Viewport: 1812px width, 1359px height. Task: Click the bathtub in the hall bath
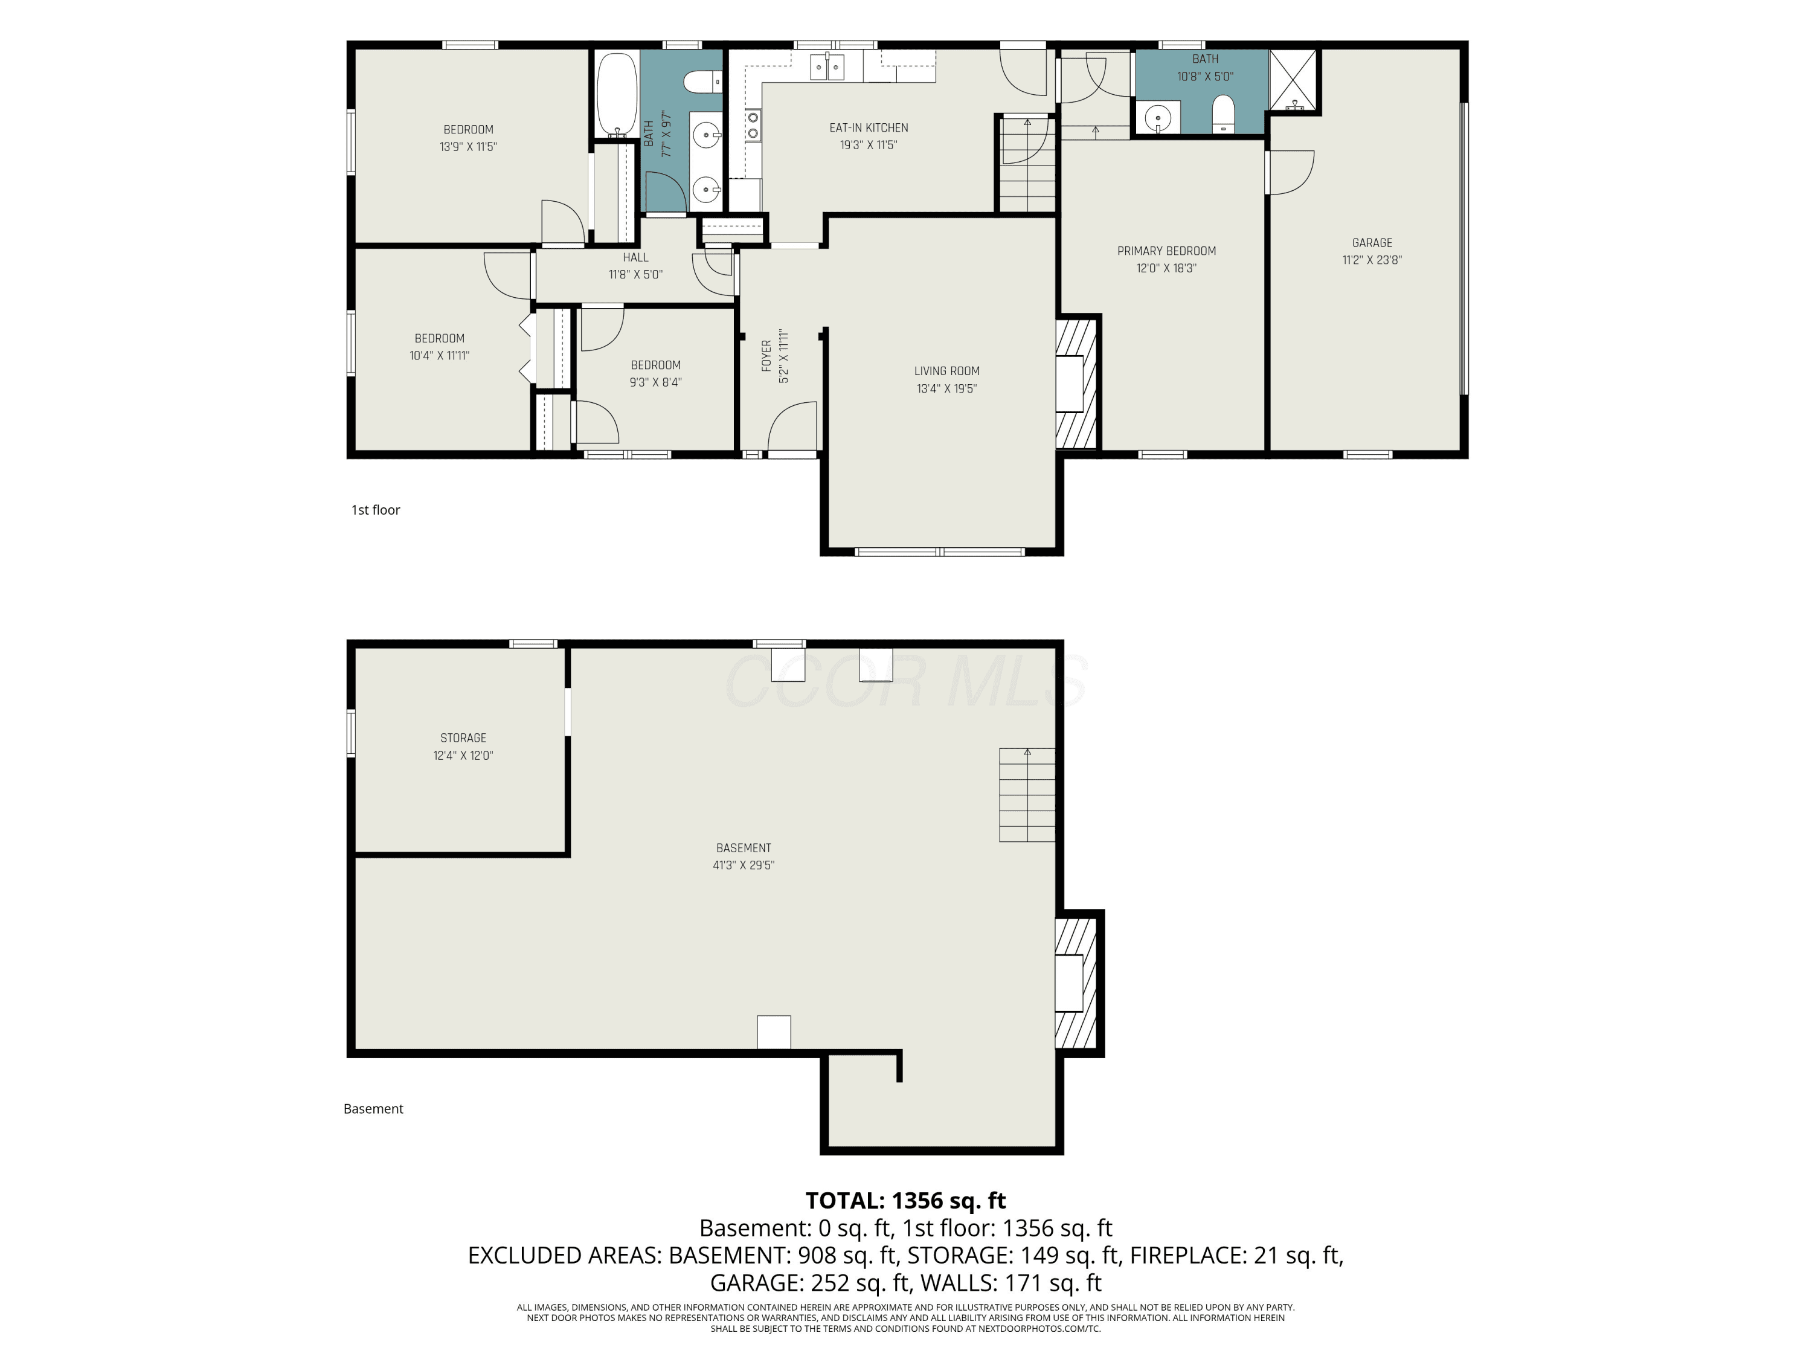coord(617,95)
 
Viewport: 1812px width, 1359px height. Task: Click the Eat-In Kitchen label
coord(869,128)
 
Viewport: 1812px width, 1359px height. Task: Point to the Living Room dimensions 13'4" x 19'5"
coord(947,388)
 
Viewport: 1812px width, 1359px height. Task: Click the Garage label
coord(1372,242)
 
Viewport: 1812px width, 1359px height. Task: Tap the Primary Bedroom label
coord(1166,251)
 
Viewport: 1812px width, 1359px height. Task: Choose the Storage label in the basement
coord(463,738)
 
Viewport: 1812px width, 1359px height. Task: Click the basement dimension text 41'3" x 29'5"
coord(744,865)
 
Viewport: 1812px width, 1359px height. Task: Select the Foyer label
coord(766,356)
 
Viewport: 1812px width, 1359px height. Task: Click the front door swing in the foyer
coord(792,426)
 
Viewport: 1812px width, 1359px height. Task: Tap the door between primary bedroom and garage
coord(1290,172)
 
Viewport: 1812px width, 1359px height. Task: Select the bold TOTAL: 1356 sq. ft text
coord(905,1200)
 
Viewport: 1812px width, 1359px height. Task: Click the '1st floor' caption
coord(375,510)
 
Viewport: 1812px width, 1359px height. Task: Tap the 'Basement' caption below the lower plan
coord(373,1108)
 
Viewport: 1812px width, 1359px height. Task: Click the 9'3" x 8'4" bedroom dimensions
coord(655,382)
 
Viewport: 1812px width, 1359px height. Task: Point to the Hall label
coord(635,257)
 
